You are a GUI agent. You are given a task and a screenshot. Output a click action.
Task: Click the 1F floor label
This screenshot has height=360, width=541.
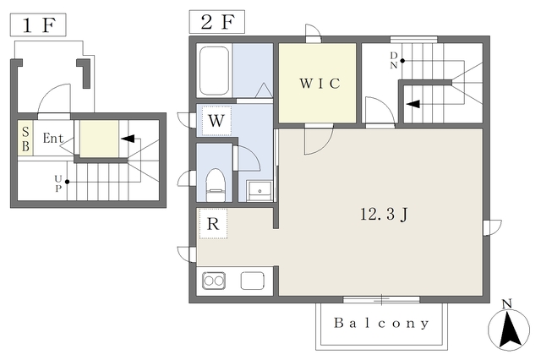click(38, 25)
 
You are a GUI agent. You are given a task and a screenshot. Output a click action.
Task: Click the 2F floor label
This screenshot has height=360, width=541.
click(217, 22)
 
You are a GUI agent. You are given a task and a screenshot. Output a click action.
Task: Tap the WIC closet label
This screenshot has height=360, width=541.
click(320, 84)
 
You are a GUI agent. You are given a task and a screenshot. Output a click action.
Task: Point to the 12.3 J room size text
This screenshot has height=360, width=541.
click(384, 214)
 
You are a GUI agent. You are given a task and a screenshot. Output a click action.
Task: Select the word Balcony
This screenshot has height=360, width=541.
click(381, 324)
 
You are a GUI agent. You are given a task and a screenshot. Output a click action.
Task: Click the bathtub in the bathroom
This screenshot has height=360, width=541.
click(214, 71)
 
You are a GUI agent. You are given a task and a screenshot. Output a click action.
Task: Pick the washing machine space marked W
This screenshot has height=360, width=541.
click(216, 121)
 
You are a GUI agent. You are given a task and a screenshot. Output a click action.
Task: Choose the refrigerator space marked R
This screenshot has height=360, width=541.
click(213, 224)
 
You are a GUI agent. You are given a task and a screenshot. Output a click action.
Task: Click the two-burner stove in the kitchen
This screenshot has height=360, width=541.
click(214, 281)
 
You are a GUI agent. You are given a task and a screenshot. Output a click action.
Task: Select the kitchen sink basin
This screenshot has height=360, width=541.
click(253, 281)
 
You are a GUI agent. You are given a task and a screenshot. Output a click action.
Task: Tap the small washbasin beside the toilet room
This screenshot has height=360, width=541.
click(260, 191)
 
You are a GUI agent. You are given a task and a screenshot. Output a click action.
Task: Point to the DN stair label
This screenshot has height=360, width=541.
click(394, 60)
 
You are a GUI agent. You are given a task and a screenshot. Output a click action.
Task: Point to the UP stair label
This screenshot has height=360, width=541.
click(58, 183)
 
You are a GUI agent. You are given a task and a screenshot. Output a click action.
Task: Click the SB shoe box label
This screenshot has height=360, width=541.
click(25, 139)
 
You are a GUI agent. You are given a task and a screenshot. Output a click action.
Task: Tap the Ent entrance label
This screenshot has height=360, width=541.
click(53, 139)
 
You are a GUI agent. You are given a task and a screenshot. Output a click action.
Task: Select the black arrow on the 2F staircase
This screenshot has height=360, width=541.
click(413, 104)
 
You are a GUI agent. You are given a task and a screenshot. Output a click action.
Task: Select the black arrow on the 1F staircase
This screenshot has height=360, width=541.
click(128, 139)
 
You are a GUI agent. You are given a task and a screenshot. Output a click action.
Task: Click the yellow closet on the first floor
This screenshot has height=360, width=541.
click(100, 139)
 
